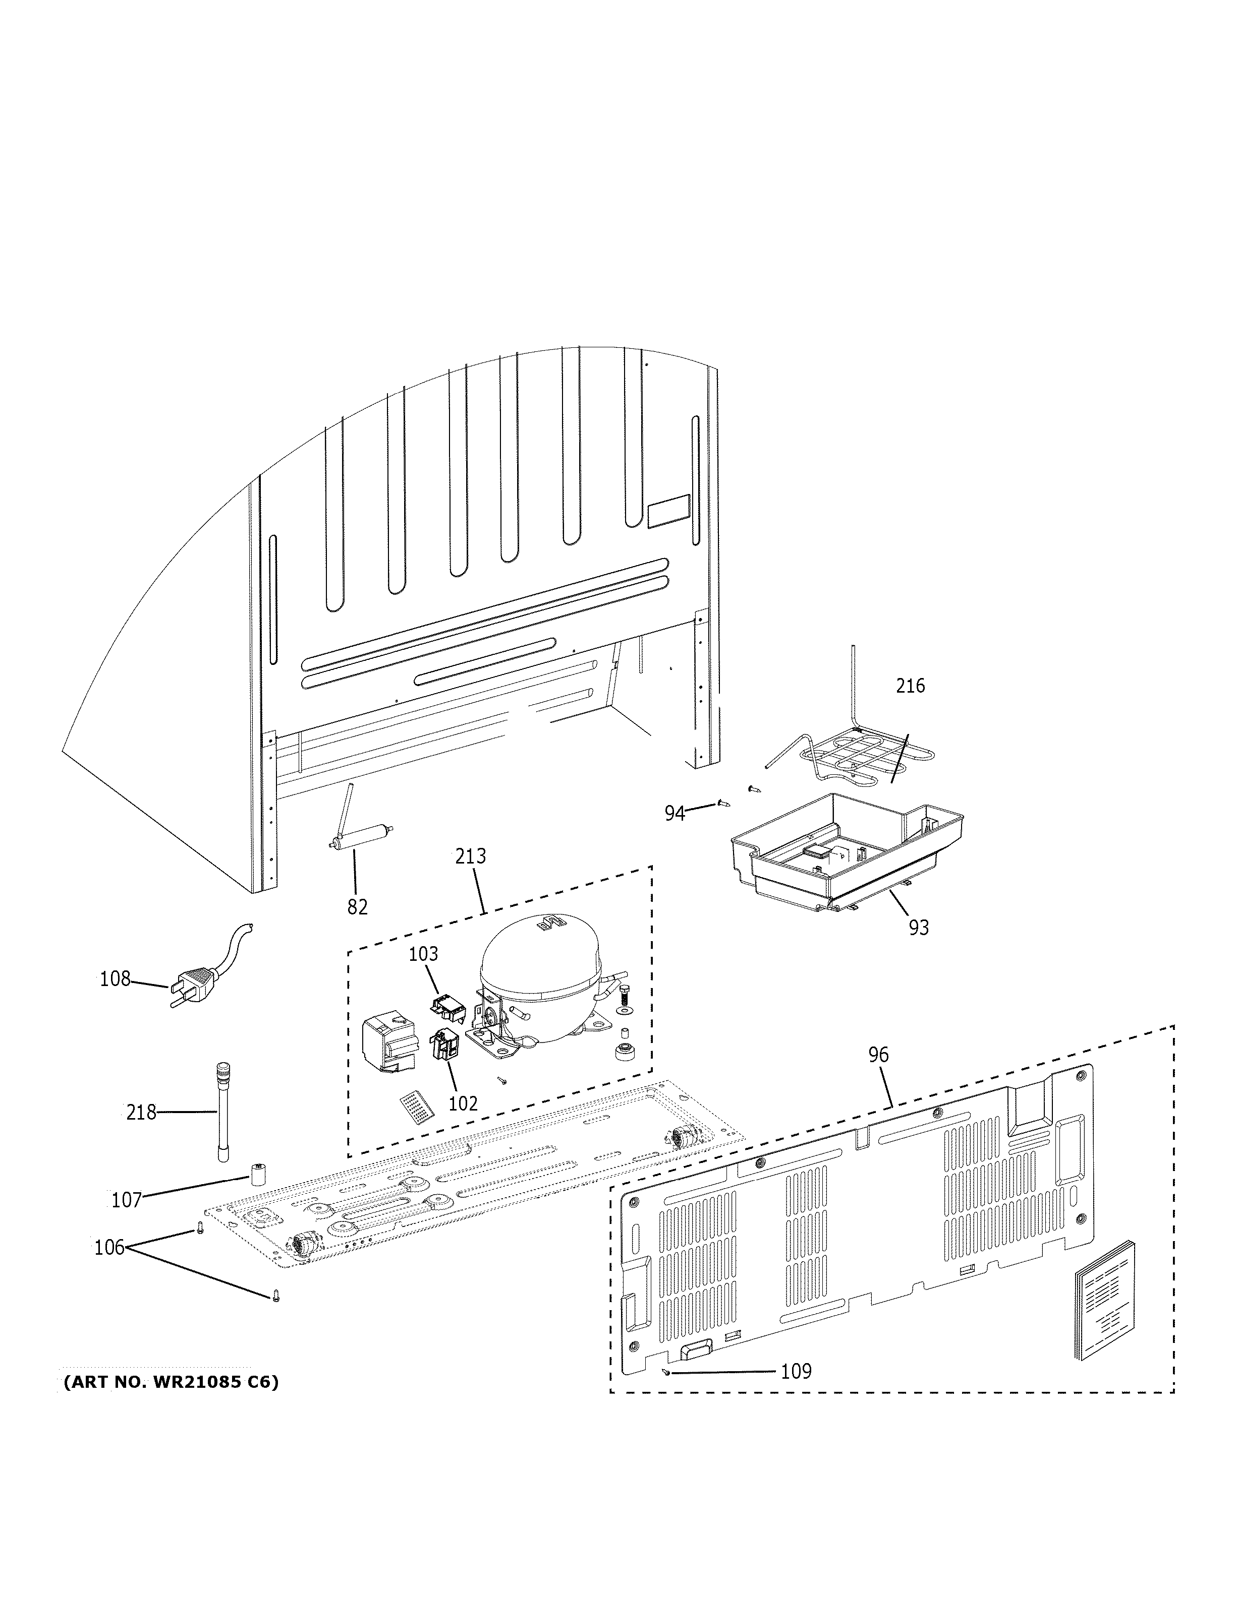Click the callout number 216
(910, 686)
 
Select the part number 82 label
(357, 907)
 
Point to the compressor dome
(539, 958)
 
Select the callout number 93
(918, 927)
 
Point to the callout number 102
(463, 1103)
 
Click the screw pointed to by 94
(724, 803)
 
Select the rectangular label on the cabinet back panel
(668, 510)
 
